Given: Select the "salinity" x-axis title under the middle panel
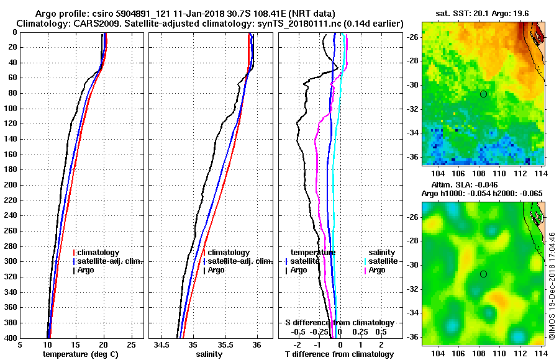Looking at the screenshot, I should point(208,354).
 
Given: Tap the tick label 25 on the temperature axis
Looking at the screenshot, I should point(131,345).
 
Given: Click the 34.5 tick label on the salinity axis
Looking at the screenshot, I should point(162,345).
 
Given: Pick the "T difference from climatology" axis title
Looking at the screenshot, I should point(339,354).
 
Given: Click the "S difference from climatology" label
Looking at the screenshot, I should point(339,323).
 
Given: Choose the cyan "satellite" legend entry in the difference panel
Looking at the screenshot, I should point(381,261).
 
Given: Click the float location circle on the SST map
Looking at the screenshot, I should point(484,94).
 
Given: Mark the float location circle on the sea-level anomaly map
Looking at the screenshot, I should point(484,274).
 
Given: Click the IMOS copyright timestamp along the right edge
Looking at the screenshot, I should point(552,286).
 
